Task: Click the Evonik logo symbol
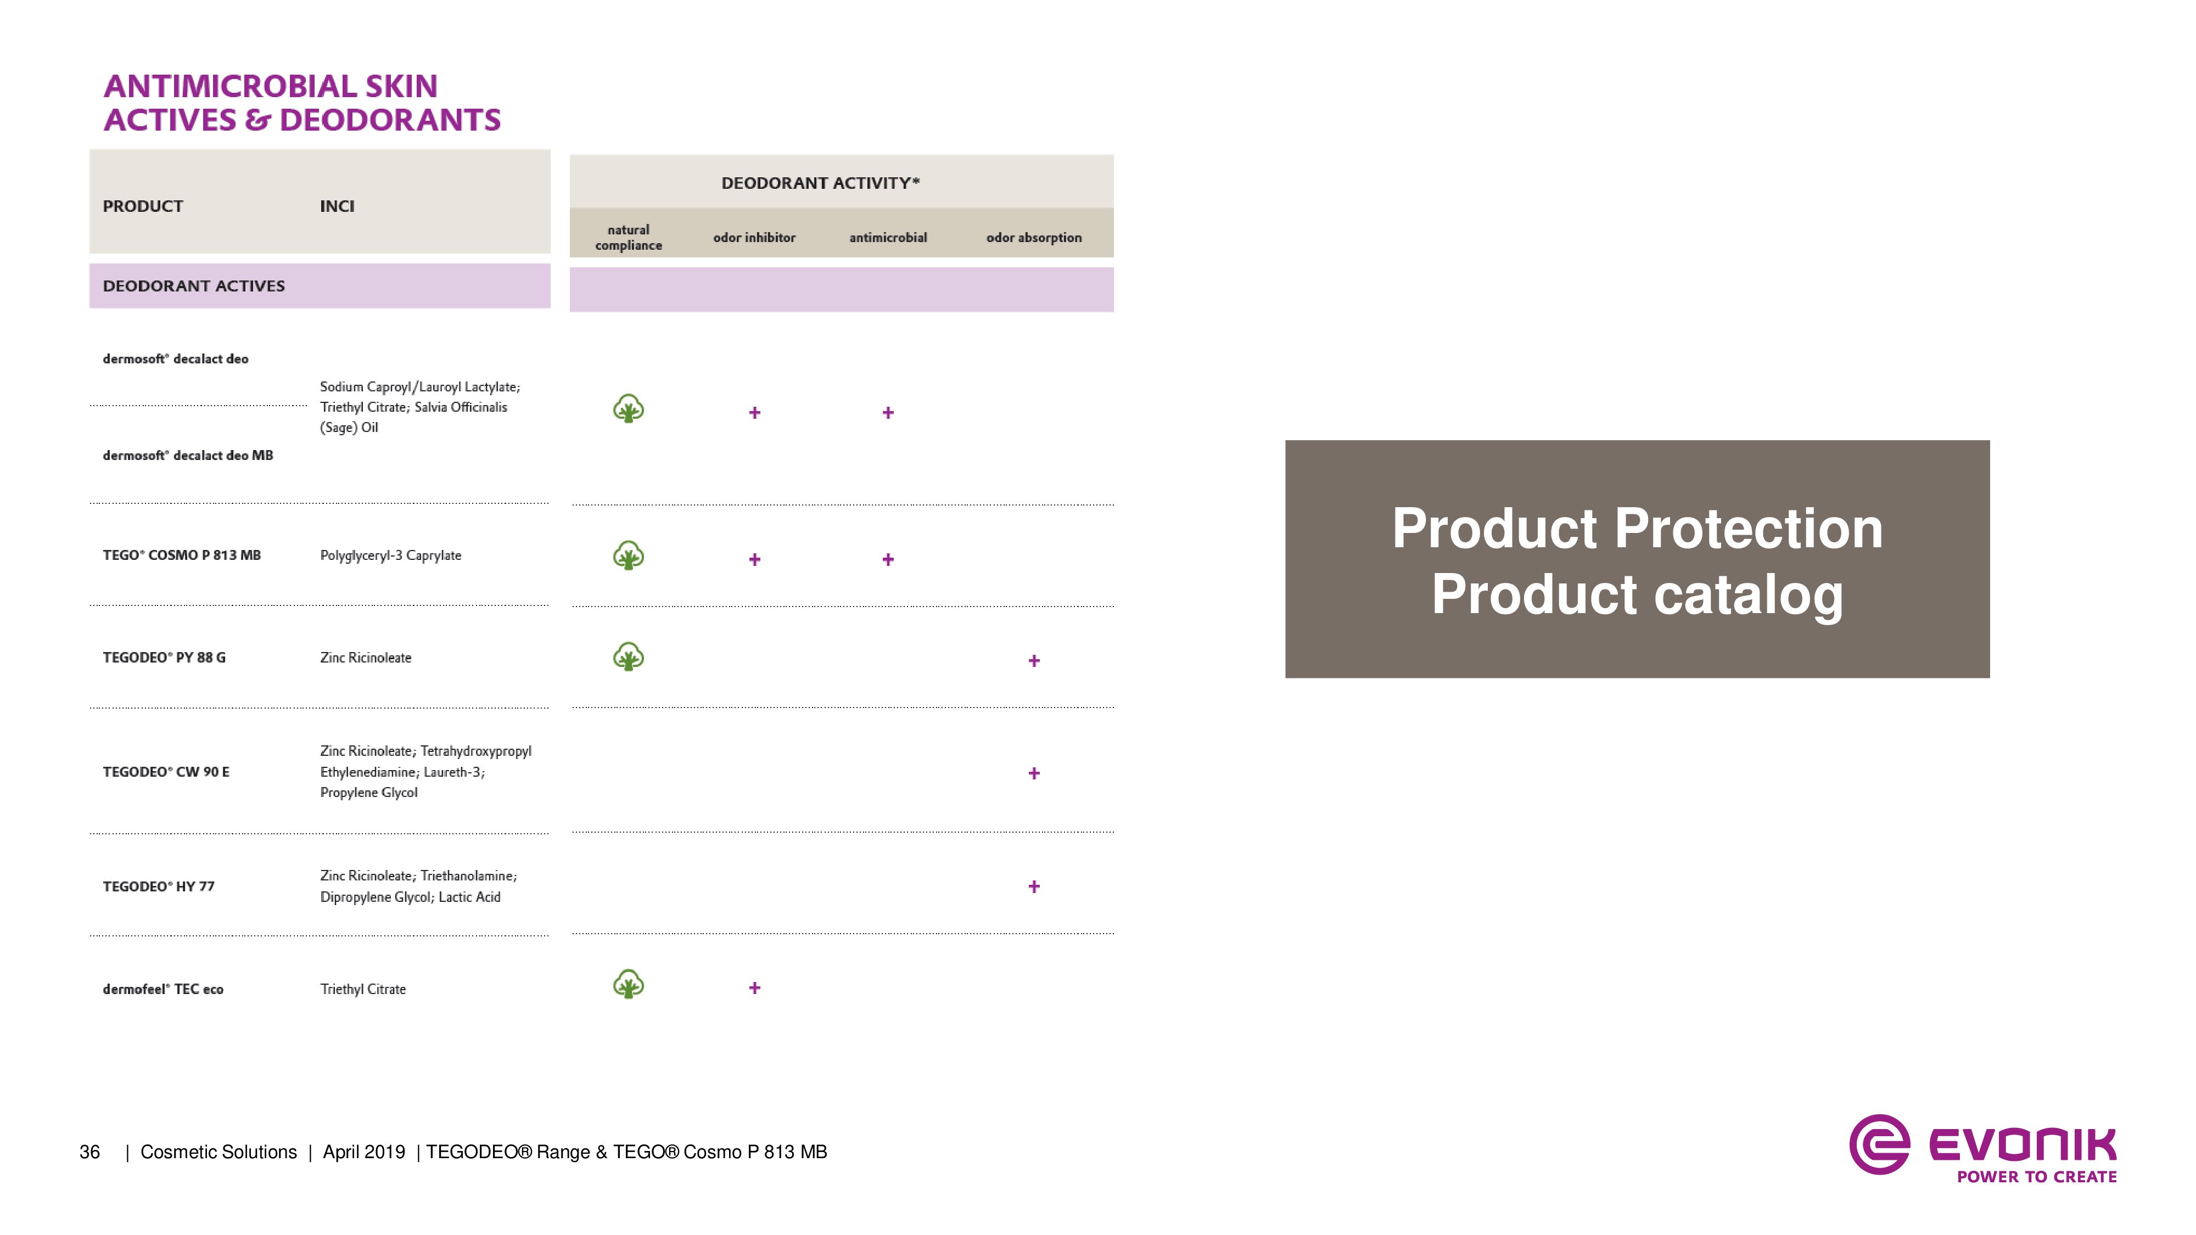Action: pyautogui.click(x=1879, y=1144)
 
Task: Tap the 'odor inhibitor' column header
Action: pyautogui.click(x=754, y=238)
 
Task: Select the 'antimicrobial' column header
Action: pyautogui.click(x=887, y=238)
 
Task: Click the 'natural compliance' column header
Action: pyautogui.click(x=628, y=238)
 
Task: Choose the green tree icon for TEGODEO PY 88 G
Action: pyautogui.click(x=628, y=657)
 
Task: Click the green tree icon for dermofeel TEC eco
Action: pyautogui.click(x=628, y=984)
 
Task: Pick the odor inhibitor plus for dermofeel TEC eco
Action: pyautogui.click(x=754, y=988)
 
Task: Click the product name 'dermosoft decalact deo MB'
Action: pyautogui.click(x=188, y=455)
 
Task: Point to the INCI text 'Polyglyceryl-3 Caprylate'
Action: pyautogui.click(x=390, y=555)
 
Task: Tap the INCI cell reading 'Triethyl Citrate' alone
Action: pyautogui.click(x=362, y=989)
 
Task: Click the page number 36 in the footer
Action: pyautogui.click(x=89, y=1152)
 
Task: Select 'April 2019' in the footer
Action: pyautogui.click(x=364, y=1152)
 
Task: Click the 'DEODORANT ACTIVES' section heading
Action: pyautogui.click(x=193, y=285)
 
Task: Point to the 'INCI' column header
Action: pyautogui.click(x=337, y=206)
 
